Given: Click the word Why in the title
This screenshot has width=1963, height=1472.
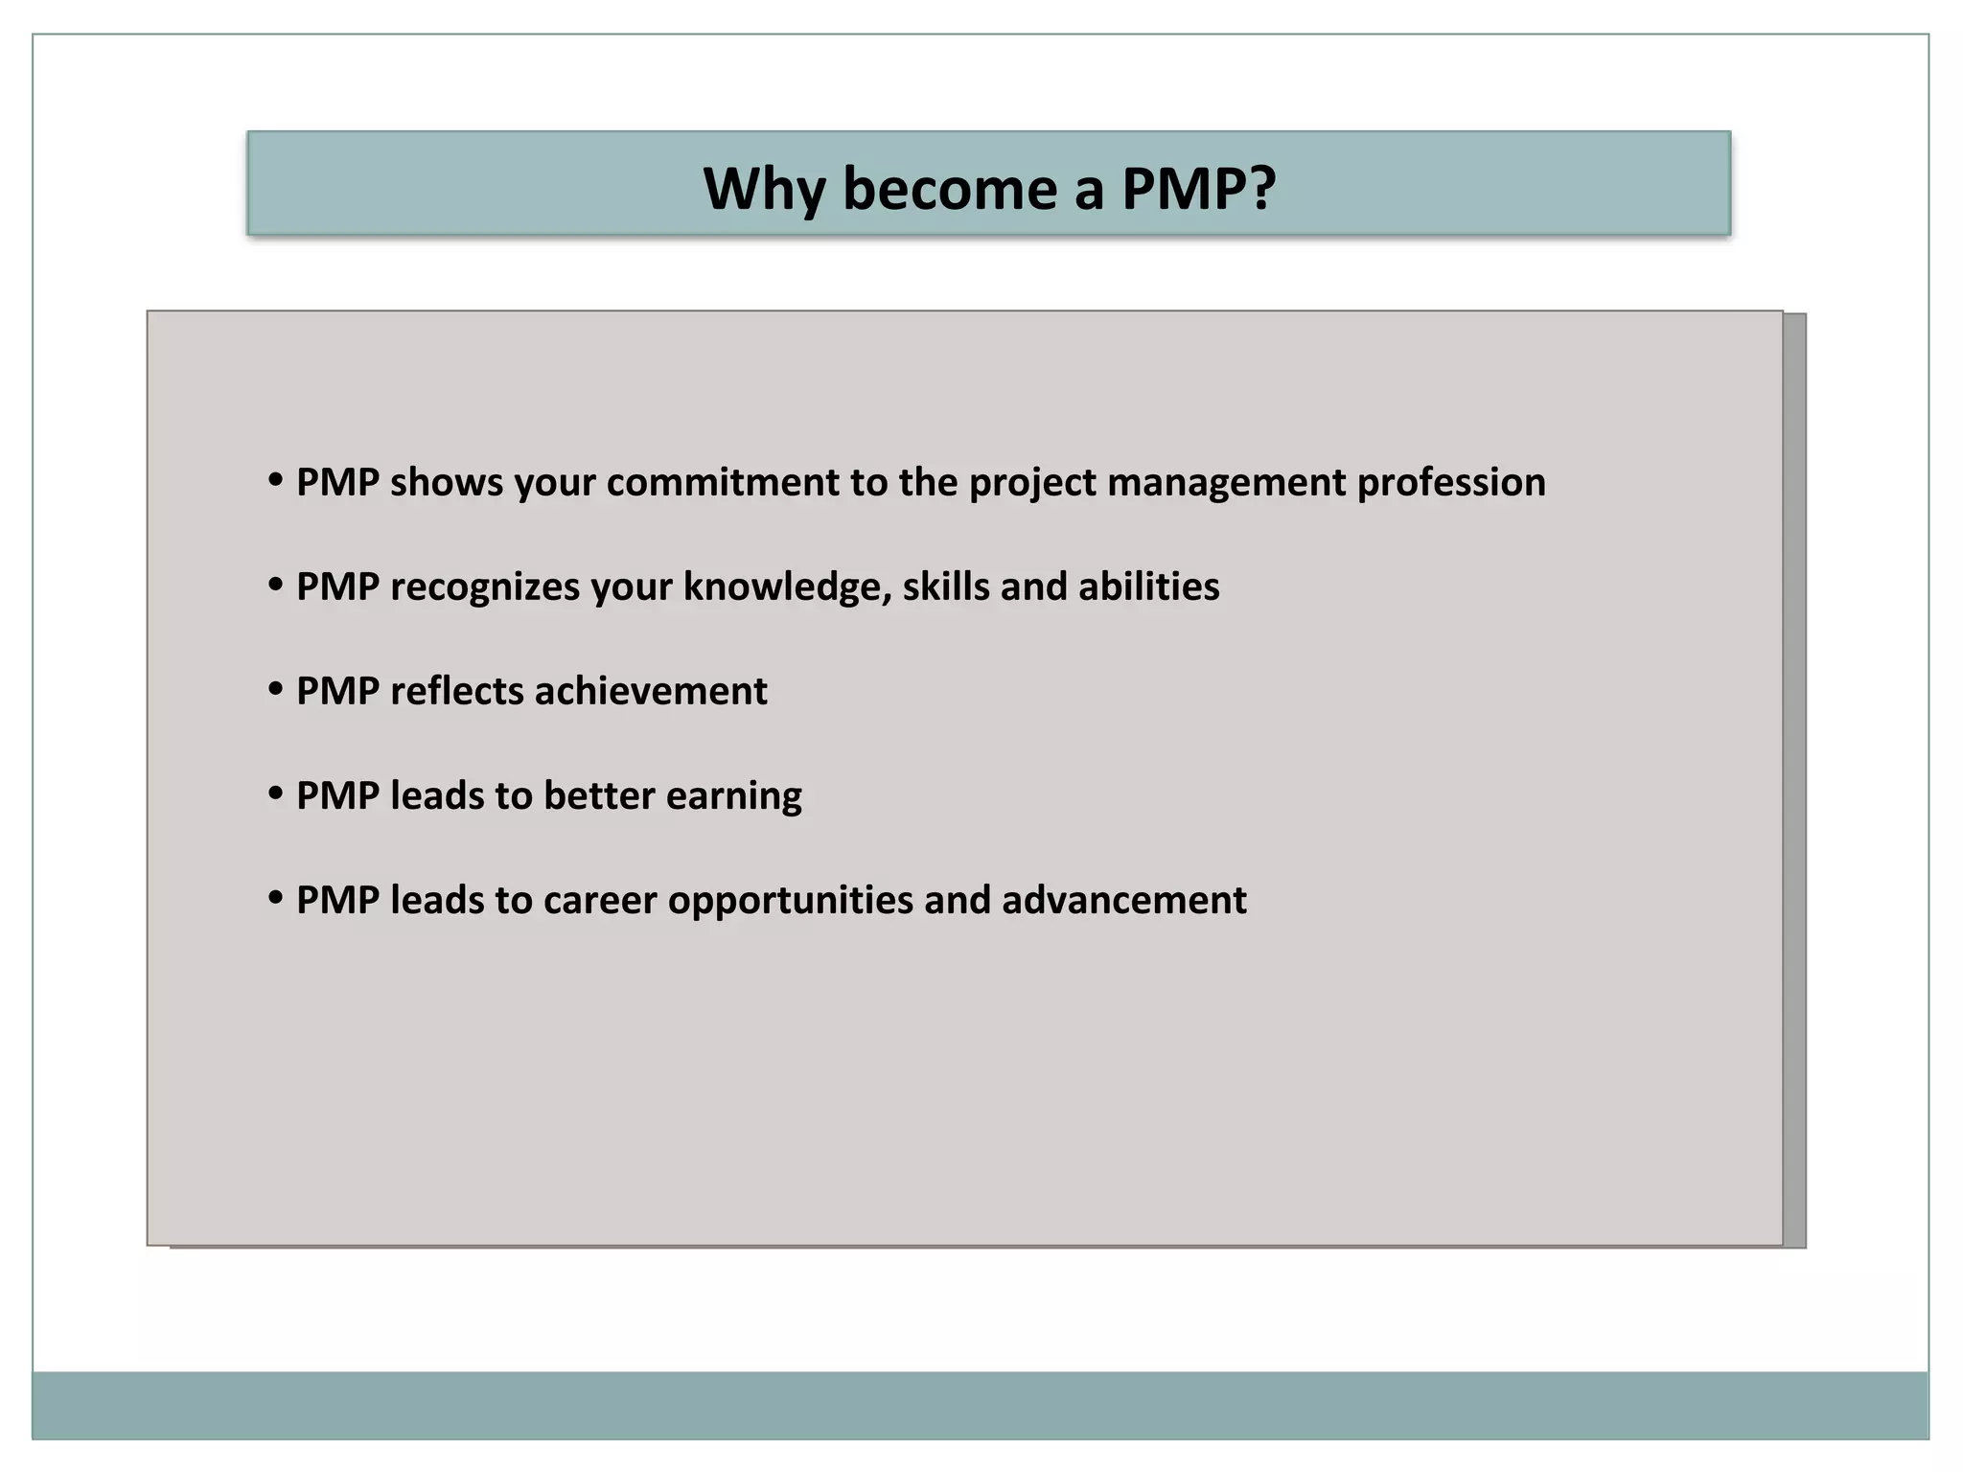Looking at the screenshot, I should click(764, 188).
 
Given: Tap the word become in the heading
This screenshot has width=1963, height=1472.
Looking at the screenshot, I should click(950, 188).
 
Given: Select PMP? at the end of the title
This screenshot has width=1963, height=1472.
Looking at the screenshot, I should click(1199, 188).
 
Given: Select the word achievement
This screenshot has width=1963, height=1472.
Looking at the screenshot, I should click(651, 691).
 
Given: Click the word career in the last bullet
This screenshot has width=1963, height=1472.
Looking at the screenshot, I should click(600, 901).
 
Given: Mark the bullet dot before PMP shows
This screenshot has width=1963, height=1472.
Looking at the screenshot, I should click(276, 479).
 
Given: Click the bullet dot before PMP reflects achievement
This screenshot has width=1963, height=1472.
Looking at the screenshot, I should click(276, 688).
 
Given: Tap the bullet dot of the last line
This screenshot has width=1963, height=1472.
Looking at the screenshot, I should click(276, 897).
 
